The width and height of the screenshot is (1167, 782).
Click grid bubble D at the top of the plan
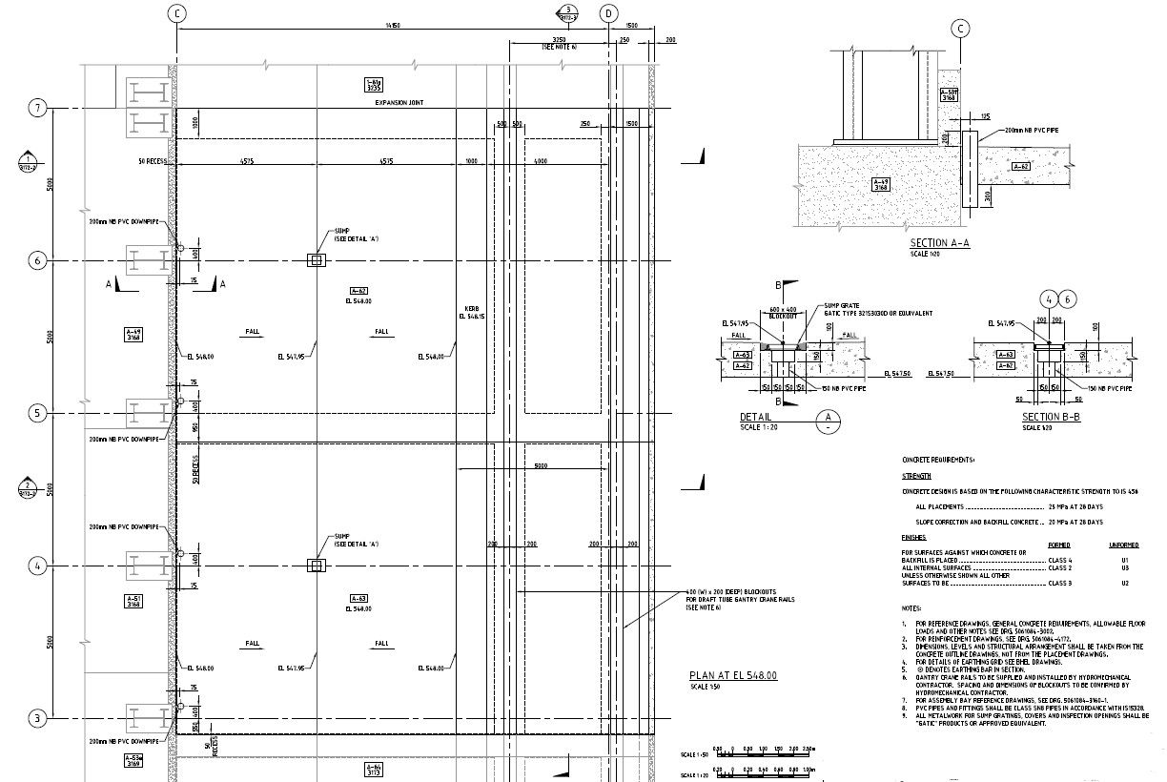(608, 13)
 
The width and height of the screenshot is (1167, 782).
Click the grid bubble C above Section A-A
(961, 30)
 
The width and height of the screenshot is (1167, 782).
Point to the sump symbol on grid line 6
(315, 260)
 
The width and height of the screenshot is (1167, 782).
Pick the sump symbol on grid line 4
(315, 566)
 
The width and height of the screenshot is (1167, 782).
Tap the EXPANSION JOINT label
(399, 102)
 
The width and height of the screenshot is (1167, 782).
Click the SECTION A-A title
(939, 243)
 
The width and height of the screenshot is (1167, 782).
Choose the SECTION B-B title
(1051, 418)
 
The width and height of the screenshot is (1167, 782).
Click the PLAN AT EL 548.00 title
(732, 675)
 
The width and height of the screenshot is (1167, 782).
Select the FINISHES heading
(913, 537)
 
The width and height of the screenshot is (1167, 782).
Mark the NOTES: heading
(911, 607)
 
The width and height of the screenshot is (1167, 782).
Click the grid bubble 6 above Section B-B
(1068, 299)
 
